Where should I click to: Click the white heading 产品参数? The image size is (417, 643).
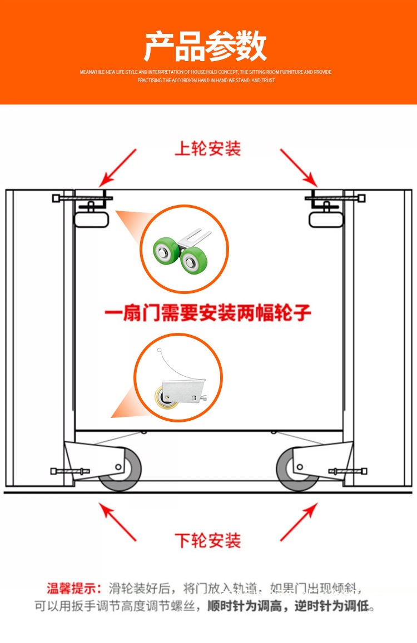206,47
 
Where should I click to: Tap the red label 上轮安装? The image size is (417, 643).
208,149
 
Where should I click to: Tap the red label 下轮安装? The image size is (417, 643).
208,540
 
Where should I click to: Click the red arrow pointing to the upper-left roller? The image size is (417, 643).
117,167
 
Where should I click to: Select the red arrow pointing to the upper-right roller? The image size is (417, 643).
299,167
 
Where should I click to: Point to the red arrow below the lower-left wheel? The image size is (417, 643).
117,522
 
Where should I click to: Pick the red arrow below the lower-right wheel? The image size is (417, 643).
299,522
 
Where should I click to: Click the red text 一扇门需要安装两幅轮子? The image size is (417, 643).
208,313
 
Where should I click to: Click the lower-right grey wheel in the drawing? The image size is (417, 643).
295,471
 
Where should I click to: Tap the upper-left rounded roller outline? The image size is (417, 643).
91,218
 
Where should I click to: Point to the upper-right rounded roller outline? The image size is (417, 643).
326,218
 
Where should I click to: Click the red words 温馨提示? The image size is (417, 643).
73,588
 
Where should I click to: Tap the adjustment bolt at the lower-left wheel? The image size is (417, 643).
62,471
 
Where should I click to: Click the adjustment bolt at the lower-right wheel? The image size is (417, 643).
348,471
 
